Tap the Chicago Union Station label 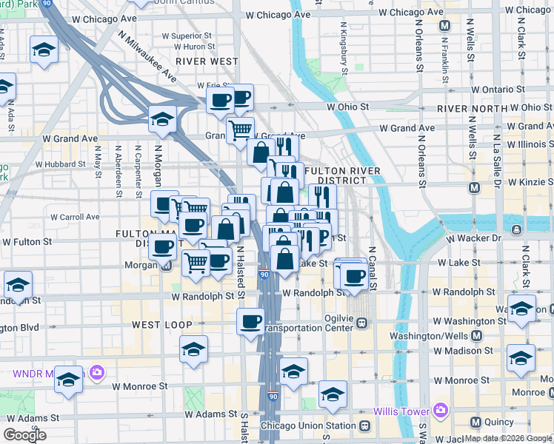[319, 425]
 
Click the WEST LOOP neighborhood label [162, 325]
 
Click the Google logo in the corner [24, 435]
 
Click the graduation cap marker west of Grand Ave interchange [162, 118]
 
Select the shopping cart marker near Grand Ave [240, 130]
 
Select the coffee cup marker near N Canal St [355, 275]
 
